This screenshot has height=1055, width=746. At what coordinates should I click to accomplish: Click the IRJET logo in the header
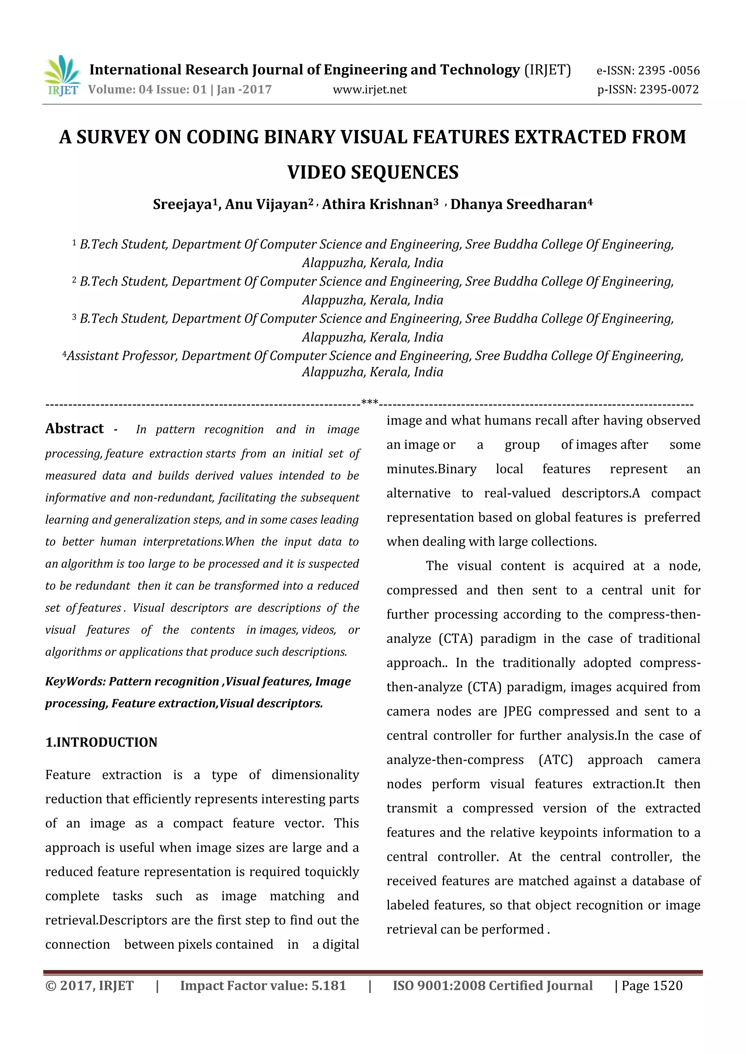62,76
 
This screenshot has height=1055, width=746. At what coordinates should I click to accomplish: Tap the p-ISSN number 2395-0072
669,90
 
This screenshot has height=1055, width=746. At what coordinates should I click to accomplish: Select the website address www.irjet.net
370,90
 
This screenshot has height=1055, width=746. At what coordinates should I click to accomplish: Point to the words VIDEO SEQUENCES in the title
373,173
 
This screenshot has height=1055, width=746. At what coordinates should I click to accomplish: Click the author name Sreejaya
182,204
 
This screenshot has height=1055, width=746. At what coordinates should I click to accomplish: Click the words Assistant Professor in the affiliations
122,356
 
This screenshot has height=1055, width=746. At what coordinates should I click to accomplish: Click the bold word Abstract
74,429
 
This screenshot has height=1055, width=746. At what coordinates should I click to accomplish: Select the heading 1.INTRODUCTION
101,743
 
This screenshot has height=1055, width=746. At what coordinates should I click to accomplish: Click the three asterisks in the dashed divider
370,403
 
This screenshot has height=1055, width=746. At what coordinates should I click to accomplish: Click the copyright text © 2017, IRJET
90,985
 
